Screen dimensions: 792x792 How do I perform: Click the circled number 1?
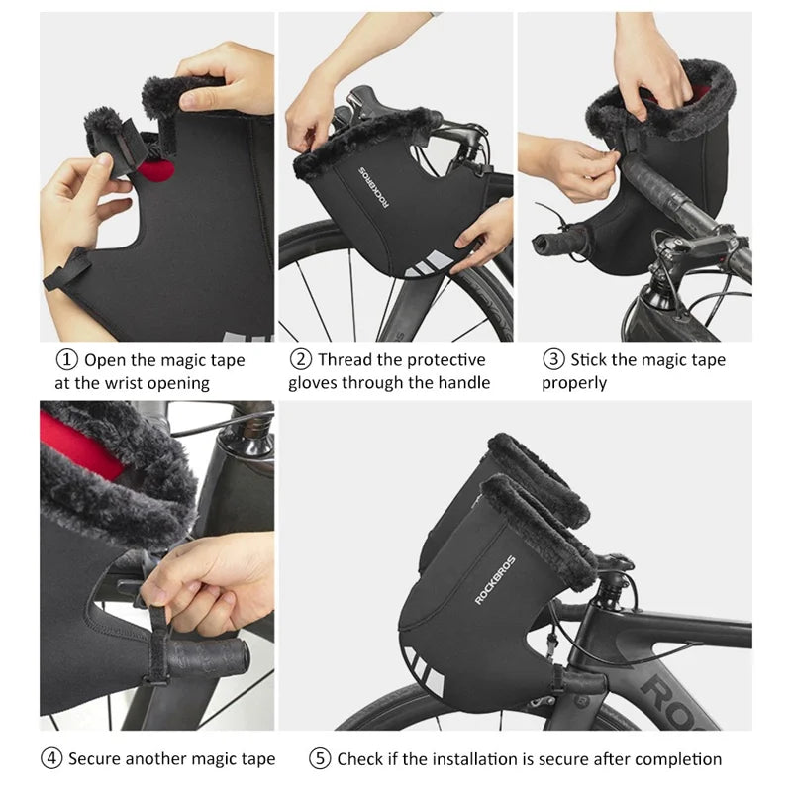click(66, 360)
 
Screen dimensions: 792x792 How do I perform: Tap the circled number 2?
click(301, 359)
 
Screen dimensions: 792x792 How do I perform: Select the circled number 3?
click(553, 359)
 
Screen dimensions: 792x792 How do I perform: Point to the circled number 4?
click(51, 758)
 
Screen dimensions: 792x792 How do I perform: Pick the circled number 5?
click(320, 758)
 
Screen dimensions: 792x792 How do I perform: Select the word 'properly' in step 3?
click(574, 384)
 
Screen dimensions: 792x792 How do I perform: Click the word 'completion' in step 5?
click(679, 759)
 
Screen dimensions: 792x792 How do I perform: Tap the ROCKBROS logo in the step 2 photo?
click(374, 187)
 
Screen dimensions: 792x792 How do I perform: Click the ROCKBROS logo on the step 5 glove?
click(495, 580)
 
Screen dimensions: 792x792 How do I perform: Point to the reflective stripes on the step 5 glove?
click(425, 671)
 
